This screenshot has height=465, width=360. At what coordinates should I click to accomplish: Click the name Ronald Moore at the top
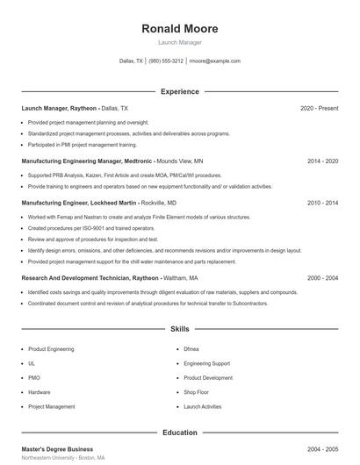point(179,29)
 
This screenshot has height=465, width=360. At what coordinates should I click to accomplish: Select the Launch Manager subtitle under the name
point(179,42)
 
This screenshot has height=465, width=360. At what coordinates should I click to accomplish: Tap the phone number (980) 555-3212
point(166,61)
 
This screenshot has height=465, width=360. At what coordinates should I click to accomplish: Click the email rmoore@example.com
point(215,61)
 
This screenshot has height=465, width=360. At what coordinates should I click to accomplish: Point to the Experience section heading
point(179,91)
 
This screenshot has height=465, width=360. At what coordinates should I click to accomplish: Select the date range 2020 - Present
point(319,108)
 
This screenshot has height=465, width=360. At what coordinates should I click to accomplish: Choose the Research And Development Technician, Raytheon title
point(90,277)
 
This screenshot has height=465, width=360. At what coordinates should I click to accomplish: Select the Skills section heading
point(179,329)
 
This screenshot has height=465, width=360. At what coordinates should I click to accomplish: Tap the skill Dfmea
point(191,348)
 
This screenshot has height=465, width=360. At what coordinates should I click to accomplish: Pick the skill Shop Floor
point(196,392)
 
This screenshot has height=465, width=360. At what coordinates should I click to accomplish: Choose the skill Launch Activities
point(203,407)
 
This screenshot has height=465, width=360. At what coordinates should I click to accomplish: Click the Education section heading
point(179,433)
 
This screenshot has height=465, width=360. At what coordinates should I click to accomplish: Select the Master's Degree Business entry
point(57,448)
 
